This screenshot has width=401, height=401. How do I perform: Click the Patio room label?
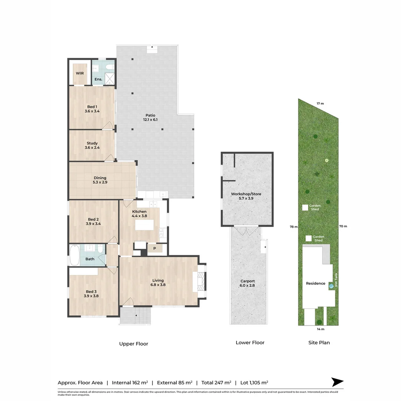[150, 115]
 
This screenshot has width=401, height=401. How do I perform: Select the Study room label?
[92, 143]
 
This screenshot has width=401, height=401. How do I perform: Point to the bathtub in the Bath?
[74, 255]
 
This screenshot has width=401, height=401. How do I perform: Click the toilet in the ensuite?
[110, 67]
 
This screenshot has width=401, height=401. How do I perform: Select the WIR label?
[80, 73]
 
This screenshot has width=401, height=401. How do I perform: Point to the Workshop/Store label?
[246, 194]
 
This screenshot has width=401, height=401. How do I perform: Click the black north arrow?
[337, 382]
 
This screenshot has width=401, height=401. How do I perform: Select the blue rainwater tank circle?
[331, 286]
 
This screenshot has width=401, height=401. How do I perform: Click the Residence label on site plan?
[316, 283]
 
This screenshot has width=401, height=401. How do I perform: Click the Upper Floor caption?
[134, 344]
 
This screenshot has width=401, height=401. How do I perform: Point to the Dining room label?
[100, 178]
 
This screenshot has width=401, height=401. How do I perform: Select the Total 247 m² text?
[216, 382]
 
